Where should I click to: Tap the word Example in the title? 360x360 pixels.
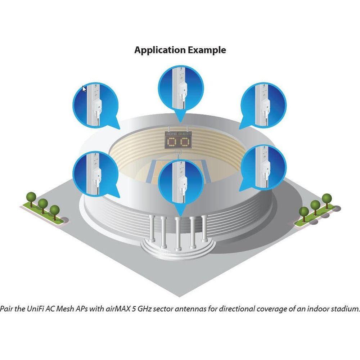coord(207,50)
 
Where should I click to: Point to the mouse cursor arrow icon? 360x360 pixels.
coord(84,89)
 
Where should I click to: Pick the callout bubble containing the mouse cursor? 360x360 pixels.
coord(95,104)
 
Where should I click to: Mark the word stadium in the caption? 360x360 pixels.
coord(346,309)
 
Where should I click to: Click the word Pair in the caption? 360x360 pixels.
coord(7,309)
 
